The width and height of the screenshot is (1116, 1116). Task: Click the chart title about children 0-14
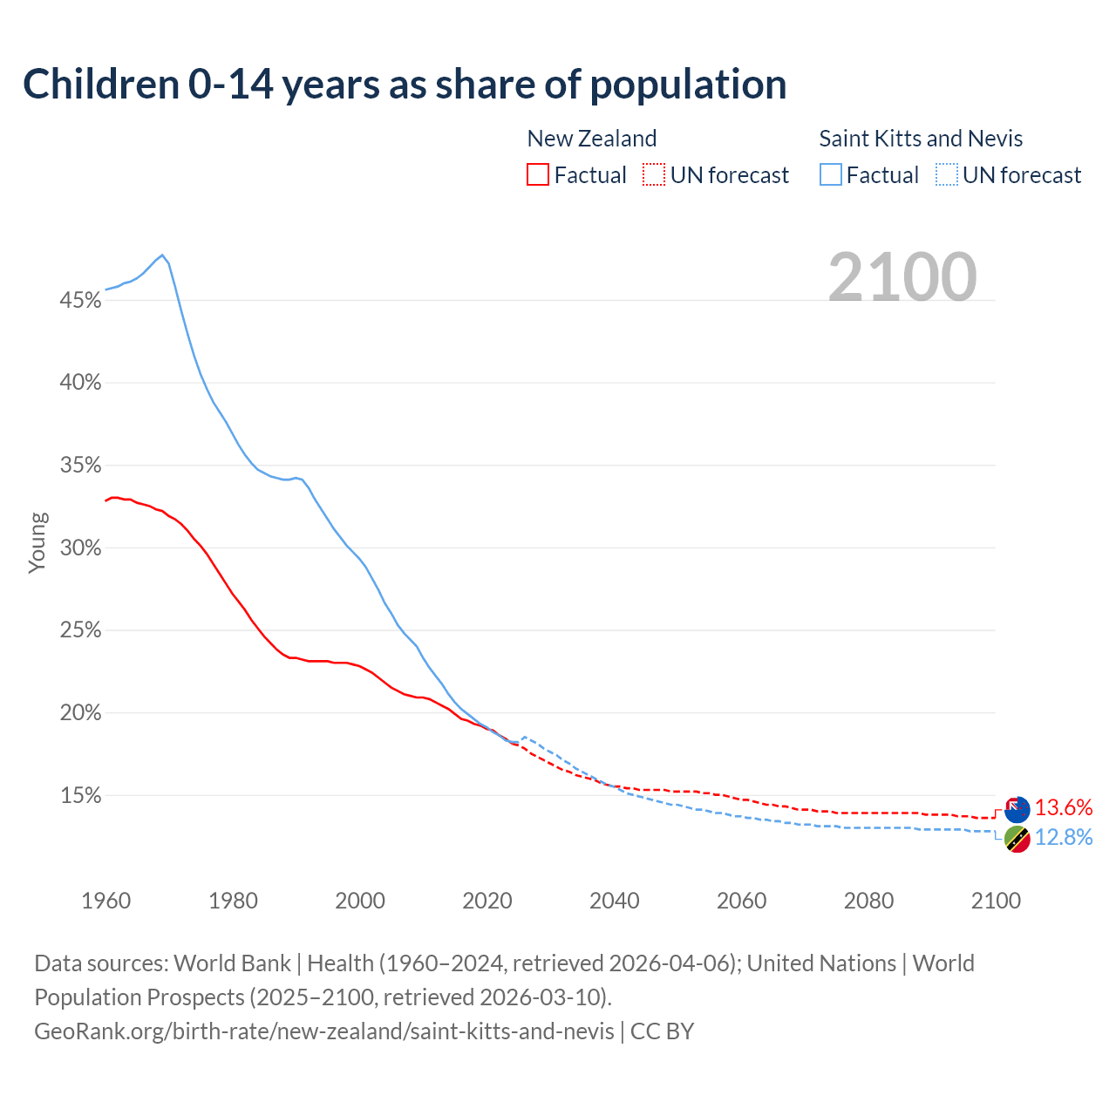405,85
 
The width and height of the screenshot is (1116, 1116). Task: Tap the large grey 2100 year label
902,277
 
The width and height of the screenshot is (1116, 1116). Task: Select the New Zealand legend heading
591,139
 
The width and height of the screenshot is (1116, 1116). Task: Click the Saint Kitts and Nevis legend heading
921,139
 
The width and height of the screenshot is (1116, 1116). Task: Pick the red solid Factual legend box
538,175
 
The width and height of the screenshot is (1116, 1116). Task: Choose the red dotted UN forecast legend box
654,175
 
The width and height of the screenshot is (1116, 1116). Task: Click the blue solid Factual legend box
831,175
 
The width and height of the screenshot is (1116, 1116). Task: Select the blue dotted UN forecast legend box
947,175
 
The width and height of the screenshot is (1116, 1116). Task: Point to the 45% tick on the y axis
80,301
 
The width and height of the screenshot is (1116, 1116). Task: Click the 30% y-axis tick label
80,548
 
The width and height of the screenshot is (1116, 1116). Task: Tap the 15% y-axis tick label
80,796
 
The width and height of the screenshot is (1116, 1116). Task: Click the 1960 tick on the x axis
105,901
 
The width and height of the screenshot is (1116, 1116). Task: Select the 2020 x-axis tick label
487,901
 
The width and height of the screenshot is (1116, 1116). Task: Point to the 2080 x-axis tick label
868,901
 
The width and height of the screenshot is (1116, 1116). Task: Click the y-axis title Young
37,542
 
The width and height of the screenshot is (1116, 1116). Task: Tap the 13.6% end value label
1064,808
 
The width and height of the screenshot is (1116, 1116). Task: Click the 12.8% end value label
1064,838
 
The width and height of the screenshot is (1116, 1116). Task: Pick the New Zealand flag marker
1017,810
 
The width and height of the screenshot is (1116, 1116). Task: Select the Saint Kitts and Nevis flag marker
1017,840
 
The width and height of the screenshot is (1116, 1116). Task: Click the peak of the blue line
162,255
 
